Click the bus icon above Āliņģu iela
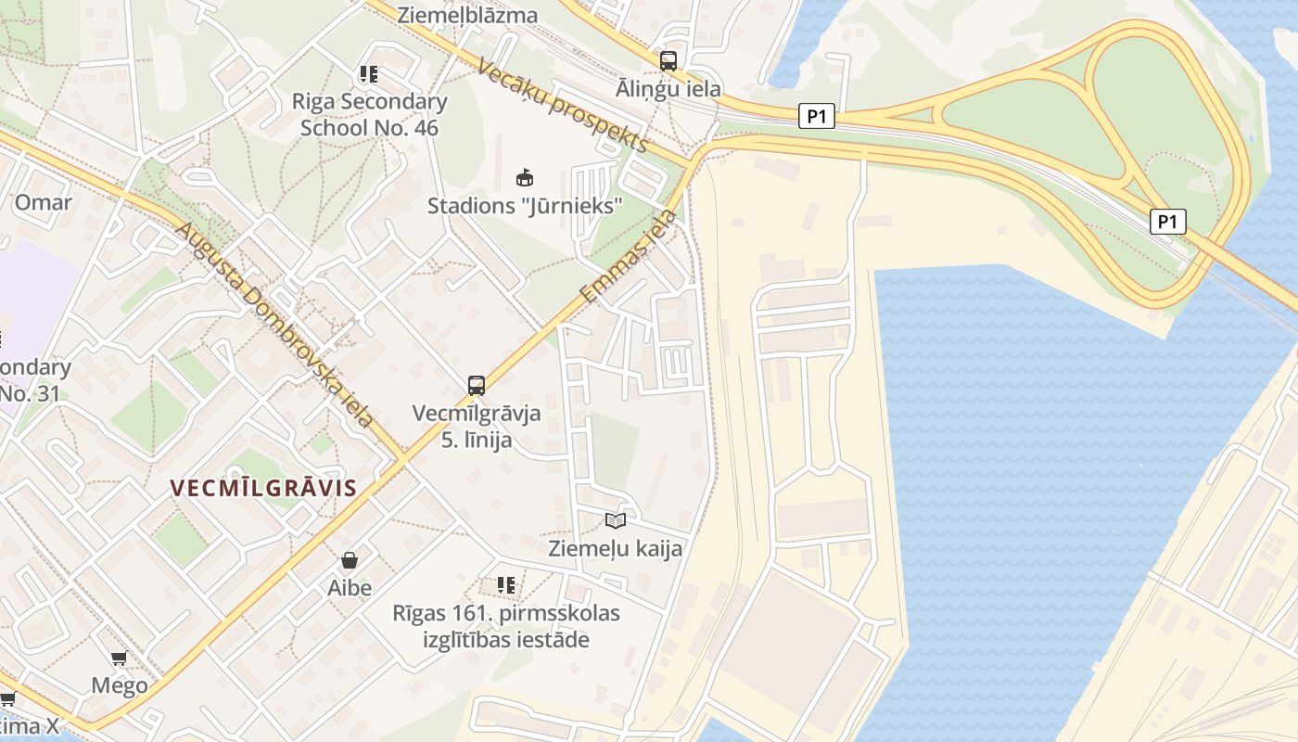point(668,61)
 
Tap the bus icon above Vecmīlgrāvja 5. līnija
point(477,385)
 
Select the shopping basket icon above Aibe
point(350,560)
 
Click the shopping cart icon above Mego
point(119,659)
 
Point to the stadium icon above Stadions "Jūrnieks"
point(525,177)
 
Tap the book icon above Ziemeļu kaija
point(616,520)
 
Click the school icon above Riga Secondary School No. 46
point(369,74)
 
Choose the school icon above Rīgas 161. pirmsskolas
point(506,584)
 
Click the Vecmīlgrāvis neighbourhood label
point(264,489)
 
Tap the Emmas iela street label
point(629,257)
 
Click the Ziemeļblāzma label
point(467,15)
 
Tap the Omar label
point(43,202)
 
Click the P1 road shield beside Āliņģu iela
point(816,116)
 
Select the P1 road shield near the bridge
point(1168,222)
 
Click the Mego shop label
point(120,685)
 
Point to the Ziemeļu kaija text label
point(616,548)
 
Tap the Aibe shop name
point(350,587)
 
